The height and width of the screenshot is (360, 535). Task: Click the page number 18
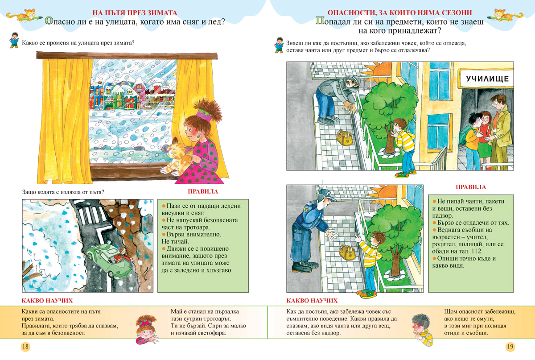pos(25,347)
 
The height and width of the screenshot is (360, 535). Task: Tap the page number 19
pos(510,347)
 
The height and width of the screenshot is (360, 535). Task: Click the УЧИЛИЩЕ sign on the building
pos(487,79)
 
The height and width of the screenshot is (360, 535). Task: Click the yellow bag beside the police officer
pos(347,252)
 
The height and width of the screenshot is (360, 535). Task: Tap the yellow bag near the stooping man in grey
pos(344,138)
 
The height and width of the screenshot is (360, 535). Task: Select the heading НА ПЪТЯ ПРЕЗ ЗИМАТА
pos(135,12)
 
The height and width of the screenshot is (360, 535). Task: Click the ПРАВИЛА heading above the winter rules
pos(203,191)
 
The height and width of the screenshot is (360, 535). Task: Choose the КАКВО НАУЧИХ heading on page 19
pos(312,301)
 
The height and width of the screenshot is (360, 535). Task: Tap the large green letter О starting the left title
pos(49,21)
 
